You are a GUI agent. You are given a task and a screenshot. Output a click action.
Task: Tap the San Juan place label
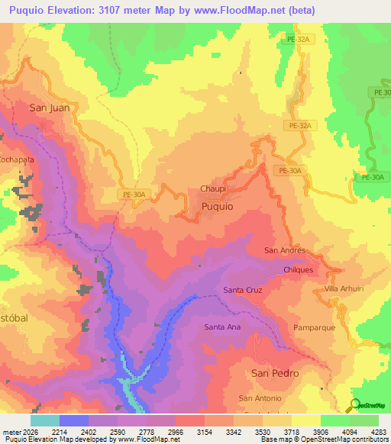click(x=50, y=108)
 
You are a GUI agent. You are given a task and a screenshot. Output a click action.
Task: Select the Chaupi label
click(x=213, y=188)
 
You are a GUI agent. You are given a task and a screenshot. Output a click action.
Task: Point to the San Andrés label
click(x=285, y=250)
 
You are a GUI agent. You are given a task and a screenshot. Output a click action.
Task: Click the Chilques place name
click(x=299, y=269)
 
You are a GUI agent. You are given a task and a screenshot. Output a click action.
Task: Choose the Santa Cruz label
click(x=243, y=290)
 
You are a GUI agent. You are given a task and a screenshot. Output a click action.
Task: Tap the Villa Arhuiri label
click(x=341, y=289)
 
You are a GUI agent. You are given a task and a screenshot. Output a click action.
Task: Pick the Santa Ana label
click(x=222, y=327)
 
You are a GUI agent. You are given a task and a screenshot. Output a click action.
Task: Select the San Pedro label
click(x=275, y=373)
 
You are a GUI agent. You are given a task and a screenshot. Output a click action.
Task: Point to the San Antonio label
click(x=260, y=398)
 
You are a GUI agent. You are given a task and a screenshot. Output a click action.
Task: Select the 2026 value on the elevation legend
click(x=24, y=431)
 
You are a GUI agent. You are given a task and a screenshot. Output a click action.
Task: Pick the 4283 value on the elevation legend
click(x=379, y=431)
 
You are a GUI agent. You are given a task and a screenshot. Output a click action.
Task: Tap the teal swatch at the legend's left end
click(x=44, y=420)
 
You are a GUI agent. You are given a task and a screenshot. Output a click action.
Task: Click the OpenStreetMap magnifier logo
click(x=354, y=405)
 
